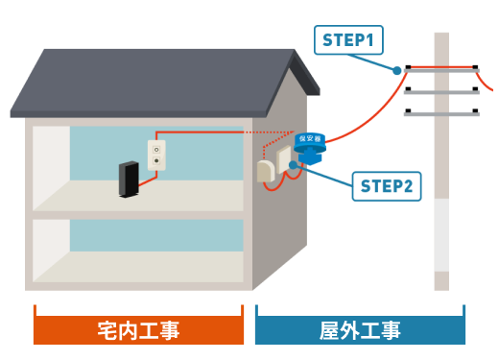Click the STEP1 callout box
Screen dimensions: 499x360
click(348, 40)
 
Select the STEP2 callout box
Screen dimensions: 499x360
click(387, 186)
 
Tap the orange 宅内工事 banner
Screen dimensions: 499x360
click(138, 330)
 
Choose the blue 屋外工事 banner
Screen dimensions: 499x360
click(360, 330)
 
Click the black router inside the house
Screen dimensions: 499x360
click(129, 180)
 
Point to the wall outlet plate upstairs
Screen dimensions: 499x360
click(156, 155)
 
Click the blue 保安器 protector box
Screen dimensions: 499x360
click(310, 148)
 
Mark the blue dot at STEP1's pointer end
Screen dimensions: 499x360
click(396, 70)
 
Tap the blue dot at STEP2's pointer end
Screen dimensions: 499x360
click(293, 165)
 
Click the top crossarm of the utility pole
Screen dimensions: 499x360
click(441, 70)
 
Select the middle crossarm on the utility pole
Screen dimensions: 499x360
click(441, 92)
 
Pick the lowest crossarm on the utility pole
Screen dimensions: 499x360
click(441, 113)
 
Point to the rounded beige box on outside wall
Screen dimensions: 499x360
click(266, 172)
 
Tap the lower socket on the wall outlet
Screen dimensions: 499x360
click(156, 160)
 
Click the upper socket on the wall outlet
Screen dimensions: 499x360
click(156, 150)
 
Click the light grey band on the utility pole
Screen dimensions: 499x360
click(441, 234)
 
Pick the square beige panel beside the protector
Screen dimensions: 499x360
click(283, 159)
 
